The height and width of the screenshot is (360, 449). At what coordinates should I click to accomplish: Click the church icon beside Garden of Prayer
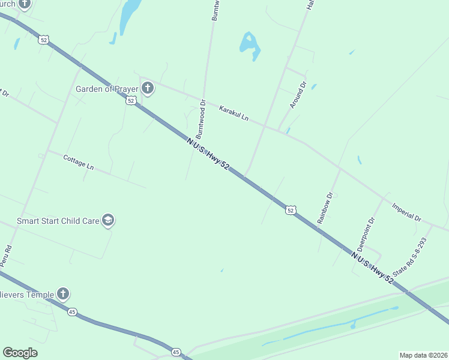[148, 89]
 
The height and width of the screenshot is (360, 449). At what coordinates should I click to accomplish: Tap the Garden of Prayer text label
[107, 89]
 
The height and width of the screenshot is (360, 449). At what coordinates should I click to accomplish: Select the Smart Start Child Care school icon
[108, 221]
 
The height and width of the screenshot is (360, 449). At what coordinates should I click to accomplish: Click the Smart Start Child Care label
[58, 221]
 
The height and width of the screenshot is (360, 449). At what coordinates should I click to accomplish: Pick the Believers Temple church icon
[63, 294]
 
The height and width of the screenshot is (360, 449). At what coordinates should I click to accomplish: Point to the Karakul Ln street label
[234, 113]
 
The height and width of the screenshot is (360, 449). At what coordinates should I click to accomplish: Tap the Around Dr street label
[298, 95]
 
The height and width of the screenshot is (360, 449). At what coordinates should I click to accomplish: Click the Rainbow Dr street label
[325, 208]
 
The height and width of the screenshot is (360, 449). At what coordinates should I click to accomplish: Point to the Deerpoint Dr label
[366, 234]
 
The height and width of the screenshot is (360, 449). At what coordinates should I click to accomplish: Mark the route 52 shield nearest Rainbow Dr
[291, 210]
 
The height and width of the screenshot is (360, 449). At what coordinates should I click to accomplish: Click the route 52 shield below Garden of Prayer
[131, 101]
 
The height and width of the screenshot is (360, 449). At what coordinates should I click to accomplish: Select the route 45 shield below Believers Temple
[73, 312]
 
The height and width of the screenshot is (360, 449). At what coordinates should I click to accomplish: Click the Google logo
[20, 353]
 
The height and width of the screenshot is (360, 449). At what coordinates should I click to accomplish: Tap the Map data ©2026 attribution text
[423, 355]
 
